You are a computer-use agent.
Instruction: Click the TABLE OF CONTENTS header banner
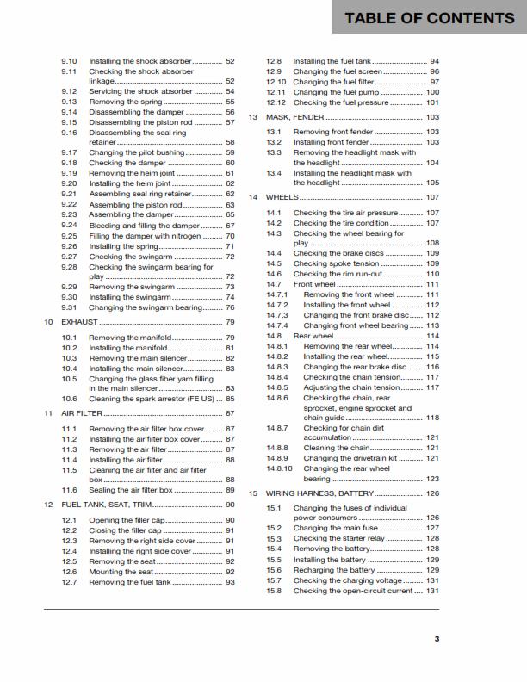click(x=429, y=18)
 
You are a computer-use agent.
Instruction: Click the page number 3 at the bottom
click(x=437, y=638)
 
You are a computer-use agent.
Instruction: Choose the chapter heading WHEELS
click(x=282, y=197)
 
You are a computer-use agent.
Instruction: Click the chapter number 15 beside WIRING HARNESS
click(x=253, y=493)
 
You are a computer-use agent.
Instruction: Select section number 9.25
click(x=70, y=236)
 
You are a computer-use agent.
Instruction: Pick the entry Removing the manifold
click(x=130, y=338)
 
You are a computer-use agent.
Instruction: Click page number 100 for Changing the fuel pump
click(x=432, y=92)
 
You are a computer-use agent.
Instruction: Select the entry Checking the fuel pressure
click(x=341, y=102)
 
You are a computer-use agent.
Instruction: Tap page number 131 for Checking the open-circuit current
click(x=432, y=591)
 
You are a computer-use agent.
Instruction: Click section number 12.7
click(x=70, y=582)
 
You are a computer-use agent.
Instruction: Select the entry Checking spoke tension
click(x=336, y=263)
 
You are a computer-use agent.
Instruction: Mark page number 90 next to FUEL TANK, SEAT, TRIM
click(x=230, y=505)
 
